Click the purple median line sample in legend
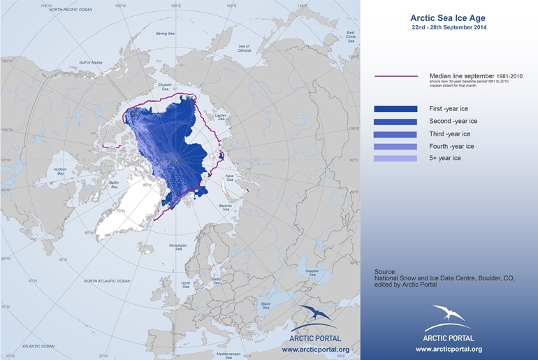pos(396,75)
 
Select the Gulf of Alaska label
pos(91,62)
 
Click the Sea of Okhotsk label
pos(245,48)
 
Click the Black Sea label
pos(266,305)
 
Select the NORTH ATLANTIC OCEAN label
pos(107,281)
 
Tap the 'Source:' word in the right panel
pos(385,271)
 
